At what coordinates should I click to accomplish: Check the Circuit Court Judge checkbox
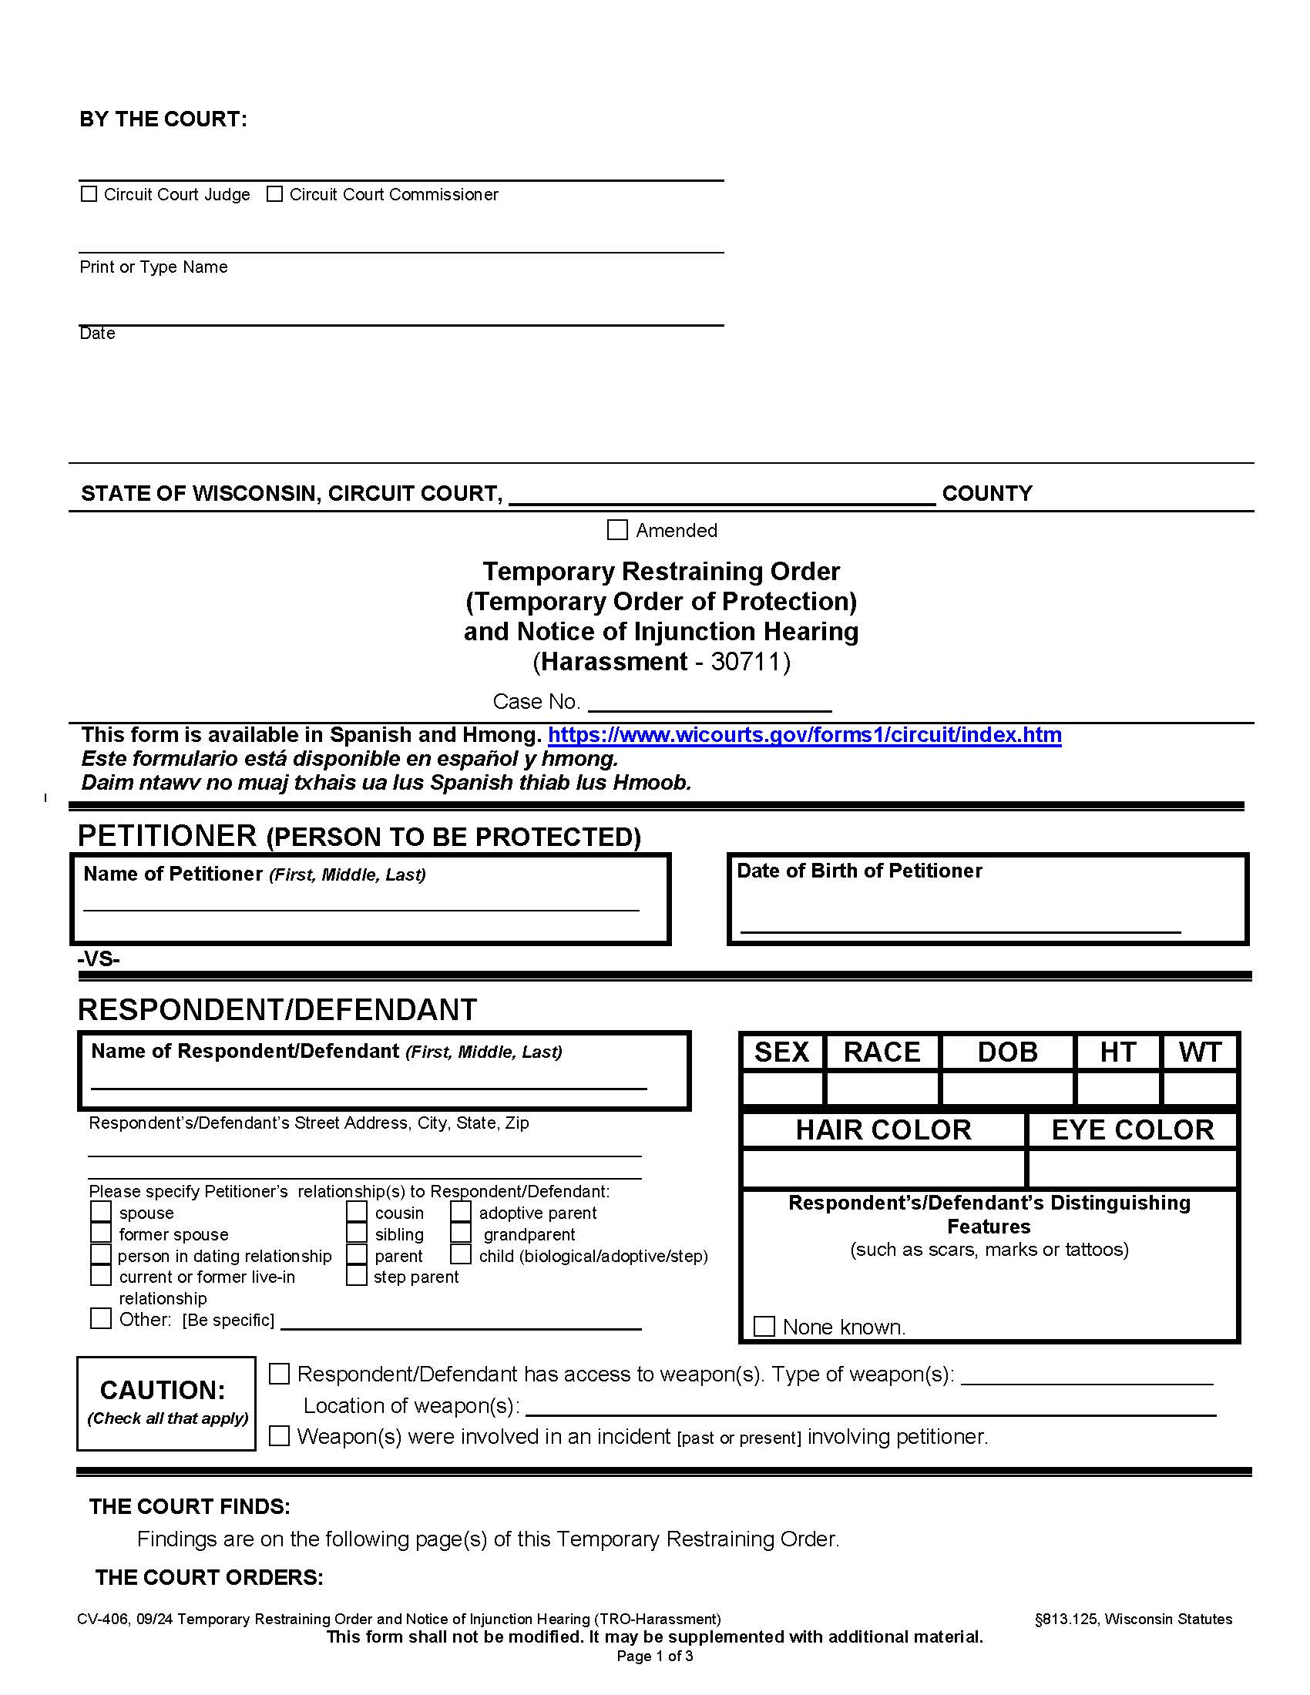click(89, 194)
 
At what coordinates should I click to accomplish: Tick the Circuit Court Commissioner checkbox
click(274, 194)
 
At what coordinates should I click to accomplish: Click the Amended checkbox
click(617, 530)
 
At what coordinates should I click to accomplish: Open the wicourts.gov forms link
click(804, 734)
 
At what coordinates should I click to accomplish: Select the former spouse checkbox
click(101, 1233)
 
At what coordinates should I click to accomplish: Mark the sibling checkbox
click(356, 1233)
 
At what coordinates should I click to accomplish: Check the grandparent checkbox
click(461, 1233)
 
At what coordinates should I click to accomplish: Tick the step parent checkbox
click(356, 1276)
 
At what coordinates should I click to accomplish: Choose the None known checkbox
click(764, 1327)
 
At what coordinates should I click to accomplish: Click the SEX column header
click(781, 1052)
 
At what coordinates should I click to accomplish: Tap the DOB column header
click(1006, 1052)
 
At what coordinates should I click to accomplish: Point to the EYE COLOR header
click(1131, 1130)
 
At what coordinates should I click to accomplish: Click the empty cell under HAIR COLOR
click(883, 1168)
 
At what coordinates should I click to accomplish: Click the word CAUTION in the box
click(162, 1390)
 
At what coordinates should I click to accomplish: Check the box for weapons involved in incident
click(280, 1436)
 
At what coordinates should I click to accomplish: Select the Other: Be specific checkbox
click(101, 1318)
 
